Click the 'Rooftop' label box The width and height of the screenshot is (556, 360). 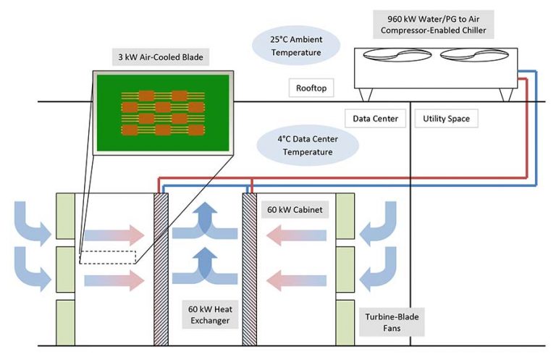click(x=312, y=88)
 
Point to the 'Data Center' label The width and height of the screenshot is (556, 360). click(x=375, y=118)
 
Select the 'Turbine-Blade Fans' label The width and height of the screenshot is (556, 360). click(x=391, y=322)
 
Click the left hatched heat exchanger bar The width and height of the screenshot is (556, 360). click(x=161, y=269)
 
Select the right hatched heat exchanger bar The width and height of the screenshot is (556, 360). click(x=250, y=269)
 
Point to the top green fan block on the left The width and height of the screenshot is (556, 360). click(x=65, y=215)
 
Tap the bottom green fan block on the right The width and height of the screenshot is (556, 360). click(x=345, y=322)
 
